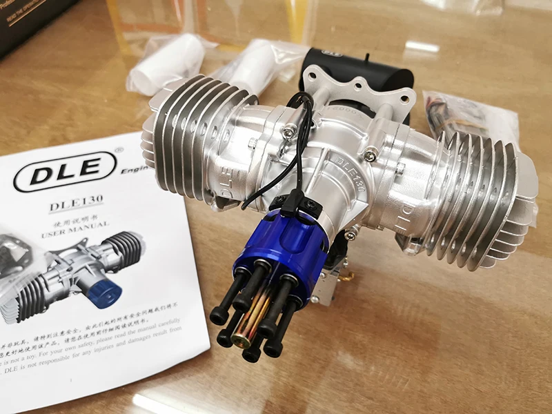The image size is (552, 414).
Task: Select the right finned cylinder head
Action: (x=476, y=200)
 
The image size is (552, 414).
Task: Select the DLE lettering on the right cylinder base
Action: (x=407, y=210)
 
